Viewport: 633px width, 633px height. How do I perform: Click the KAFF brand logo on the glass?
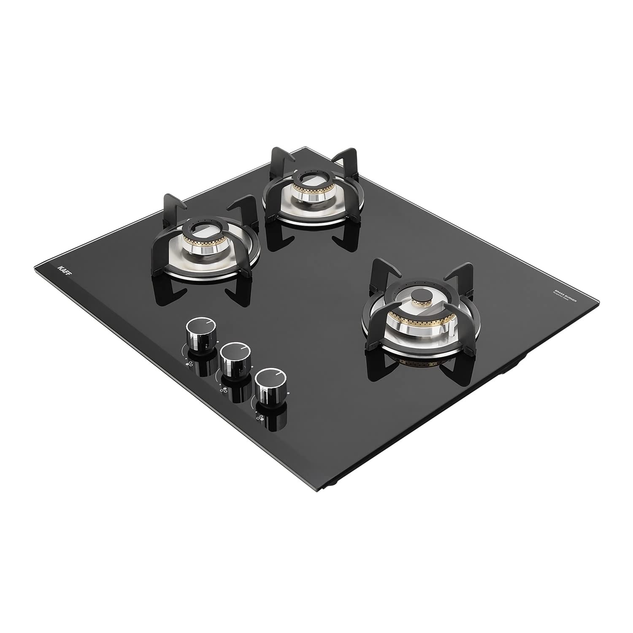pyautogui.click(x=62, y=268)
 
